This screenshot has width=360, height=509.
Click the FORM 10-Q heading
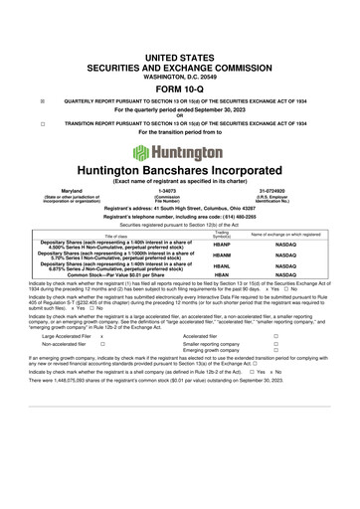coord(180,86)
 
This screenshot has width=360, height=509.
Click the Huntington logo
coord(180,153)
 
